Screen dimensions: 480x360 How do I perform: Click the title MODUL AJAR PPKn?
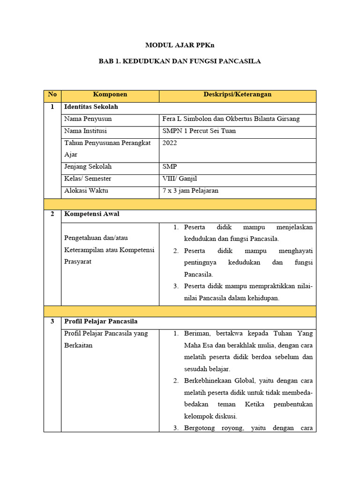pos(180,45)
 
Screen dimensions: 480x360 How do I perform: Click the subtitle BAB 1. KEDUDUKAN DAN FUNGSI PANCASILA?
pos(180,61)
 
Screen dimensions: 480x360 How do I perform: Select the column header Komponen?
pos(110,95)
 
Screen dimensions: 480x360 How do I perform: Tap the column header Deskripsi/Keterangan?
pos(237,95)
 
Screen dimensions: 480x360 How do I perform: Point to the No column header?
pos(52,95)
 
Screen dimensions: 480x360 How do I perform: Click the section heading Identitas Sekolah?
pos(91,107)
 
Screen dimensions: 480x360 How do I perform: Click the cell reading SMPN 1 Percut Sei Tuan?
pos(199,131)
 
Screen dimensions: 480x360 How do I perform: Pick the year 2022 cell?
pos(170,143)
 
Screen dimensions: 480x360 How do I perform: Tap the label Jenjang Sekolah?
pos(88,167)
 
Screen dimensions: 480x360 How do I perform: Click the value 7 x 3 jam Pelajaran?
pos(190,191)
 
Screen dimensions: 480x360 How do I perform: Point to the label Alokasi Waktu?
pos(86,191)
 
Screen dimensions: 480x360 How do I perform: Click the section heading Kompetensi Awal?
pos(92,214)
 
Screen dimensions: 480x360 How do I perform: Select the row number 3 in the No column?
pos(52,322)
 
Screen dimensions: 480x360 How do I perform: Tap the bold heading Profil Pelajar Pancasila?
pos(101,322)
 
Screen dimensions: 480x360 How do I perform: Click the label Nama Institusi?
pos(85,131)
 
